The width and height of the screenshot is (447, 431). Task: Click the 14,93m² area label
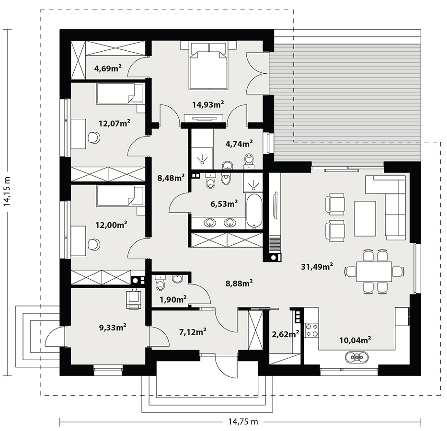point(208,104)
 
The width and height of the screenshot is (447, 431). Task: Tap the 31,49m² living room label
point(317,266)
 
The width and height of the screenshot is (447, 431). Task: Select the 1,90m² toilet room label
point(173,299)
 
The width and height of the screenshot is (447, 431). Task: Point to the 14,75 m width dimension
point(243,421)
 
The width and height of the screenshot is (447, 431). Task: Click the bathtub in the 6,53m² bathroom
point(254,211)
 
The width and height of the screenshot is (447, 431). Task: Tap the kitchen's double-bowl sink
point(356,357)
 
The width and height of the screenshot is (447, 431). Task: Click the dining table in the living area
point(374,271)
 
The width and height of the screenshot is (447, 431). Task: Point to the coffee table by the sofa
point(365,218)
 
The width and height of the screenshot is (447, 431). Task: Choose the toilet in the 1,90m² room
point(160,283)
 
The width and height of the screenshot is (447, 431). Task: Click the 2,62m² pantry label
point(286,334)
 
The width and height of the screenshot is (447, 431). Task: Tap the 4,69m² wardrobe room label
point(108,68)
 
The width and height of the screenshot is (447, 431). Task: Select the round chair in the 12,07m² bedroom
point(94,137)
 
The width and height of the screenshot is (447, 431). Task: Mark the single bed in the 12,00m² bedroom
point(120,196)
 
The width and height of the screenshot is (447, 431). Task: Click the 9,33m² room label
point(113,327)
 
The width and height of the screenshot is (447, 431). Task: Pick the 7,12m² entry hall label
point(193,331)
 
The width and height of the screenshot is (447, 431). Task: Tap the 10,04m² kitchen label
point(355,340)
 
